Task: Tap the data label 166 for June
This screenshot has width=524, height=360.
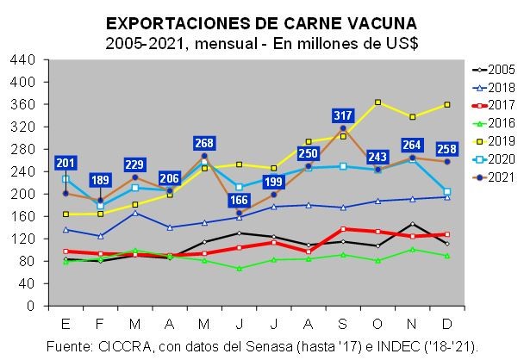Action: (x=239, y=201)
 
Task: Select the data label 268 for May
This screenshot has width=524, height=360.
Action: (x=203, y=142)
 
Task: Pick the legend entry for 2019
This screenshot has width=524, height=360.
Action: (x=493, y=140)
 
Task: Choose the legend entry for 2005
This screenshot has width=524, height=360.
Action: (x=493, y=68)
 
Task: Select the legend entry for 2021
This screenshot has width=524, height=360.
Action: (x=493, y=177)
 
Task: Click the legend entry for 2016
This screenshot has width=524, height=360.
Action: (x=493, y=122)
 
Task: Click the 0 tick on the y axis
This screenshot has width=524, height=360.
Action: (x=30, y=306)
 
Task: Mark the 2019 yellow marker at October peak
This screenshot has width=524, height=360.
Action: (x=377, y=102)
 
